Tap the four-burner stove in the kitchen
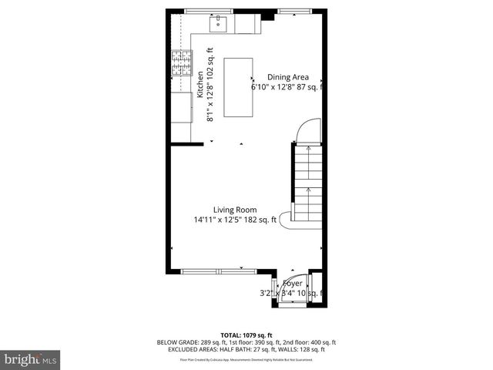coord(182,63)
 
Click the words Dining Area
coord(288,77)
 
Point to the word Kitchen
coord(200,84)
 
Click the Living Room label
coord(235,210)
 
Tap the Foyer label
coord(293,284)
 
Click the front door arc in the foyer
coord(293,294)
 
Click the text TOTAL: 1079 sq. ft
coord(246,335)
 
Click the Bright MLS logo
coord(30,359)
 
